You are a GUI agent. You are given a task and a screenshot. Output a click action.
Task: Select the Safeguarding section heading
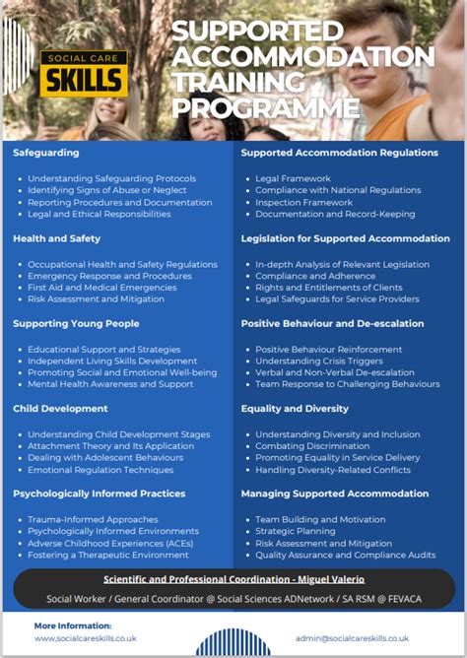(46, 153)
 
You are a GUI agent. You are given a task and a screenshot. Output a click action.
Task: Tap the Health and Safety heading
(56, 238)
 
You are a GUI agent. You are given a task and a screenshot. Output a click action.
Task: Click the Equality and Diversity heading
(295, 408)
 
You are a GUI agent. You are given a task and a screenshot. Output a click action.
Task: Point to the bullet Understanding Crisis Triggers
(319, 361)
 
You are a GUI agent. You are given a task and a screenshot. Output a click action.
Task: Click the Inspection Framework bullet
(302, 202)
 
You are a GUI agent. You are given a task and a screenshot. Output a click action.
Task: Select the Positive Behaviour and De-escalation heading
(333, 323)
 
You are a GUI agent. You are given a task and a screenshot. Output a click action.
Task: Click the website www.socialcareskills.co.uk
(85, 638)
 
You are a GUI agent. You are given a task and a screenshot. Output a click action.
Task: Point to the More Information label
(73, 625)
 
